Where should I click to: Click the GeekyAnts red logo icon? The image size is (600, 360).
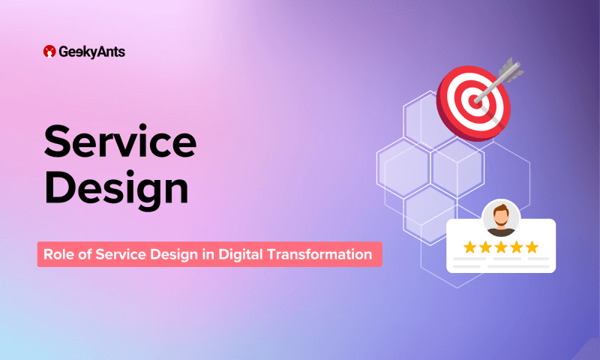coord(49,52)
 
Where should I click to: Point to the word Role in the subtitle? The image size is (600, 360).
coord(58,254)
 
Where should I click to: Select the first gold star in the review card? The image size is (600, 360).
coord(470,246)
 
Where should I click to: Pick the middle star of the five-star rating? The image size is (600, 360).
coord(501,246)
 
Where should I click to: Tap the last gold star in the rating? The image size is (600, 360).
coord(532,246)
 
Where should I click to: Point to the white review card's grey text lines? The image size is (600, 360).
coord(501,263)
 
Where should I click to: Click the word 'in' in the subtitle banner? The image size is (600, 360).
coord(206,254)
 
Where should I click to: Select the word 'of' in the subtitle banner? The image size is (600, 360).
coord(86,254)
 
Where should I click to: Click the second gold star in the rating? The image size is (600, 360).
coord(486,246)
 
